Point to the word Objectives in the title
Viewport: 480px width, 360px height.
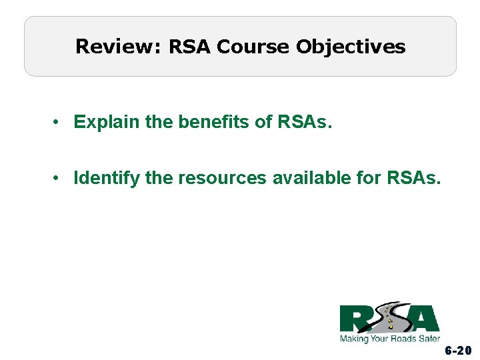[x=351, y=47]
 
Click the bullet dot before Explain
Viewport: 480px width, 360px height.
[x=59, y=122]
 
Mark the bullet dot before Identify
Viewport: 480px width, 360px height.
[x=59, y=178]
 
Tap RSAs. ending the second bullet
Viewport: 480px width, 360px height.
[x=413, y=178]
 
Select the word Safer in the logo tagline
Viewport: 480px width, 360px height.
[x=427, y=339]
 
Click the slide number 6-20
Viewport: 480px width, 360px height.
[x=459, y=351]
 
